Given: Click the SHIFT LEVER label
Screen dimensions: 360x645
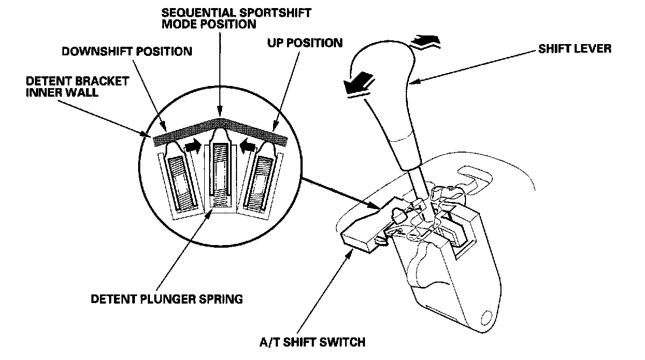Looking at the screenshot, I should [574, 49].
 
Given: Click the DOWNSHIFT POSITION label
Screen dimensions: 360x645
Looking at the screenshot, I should [127, 52].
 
